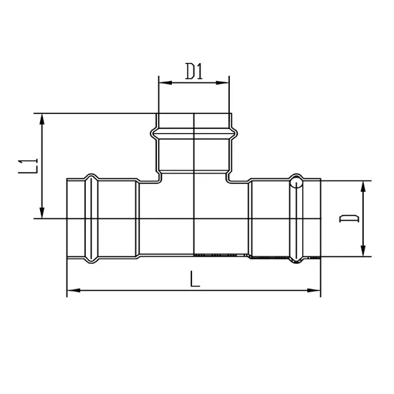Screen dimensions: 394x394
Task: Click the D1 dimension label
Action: click(194, 72)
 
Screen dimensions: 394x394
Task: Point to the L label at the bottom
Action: click(194, 278)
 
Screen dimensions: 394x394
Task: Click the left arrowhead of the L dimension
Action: click(71, 291)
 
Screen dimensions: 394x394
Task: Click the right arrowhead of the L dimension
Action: click(316, 291)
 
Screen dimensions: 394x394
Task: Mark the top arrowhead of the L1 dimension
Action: click(44, 117)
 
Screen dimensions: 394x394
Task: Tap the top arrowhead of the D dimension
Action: click(365, 185)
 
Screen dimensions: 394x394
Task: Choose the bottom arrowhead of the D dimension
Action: click(365, 251)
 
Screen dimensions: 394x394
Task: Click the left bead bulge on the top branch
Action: click(153, 133)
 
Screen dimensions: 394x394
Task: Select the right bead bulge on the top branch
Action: click(235, 133)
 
